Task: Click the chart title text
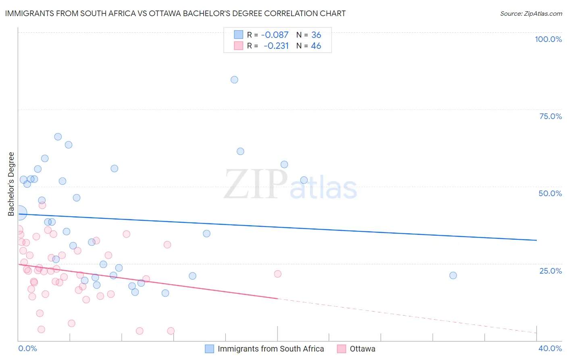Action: (x=175, y=13)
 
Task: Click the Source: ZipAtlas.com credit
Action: (x=531, y=13)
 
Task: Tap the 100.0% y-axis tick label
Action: (x=548, y=39)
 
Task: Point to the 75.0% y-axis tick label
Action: (x=550, y=116)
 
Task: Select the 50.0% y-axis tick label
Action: (x=550, y=193)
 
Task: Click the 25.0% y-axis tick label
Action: (x=550, y=270)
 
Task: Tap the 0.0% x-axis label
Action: (x=27, y=348)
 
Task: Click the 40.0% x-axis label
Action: (x=550, y=348)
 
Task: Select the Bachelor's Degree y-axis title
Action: (x=11, y=184)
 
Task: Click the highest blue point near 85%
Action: (x=234, y=80)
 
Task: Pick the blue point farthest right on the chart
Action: (x=453, y=275)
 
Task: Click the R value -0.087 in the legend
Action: (x=275, y=35)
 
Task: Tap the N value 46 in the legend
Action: (x=316, y=46)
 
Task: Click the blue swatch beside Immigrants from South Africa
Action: (x=209, y=349)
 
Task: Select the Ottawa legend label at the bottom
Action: (x=362, y=349)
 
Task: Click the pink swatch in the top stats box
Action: (x=238, y=46)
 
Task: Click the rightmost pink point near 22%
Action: (x=277, y=274)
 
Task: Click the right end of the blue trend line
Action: (x=536, y=240)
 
